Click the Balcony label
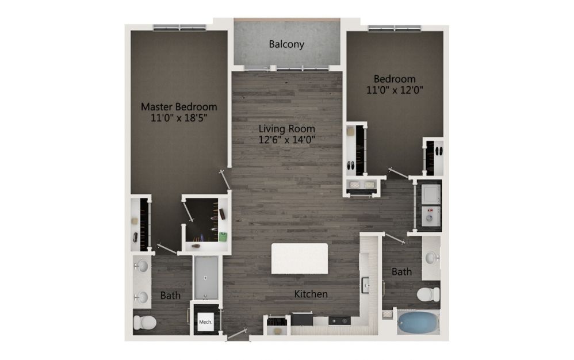pyautogui.click(x=286, y=44)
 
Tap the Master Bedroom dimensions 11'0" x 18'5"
pyautogui.click(x=179, y=118)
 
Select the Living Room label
pyautogui.click(x=286, y=129)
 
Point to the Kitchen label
pyautogui.click(x=311, y=294)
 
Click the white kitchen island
pyautogui.click(x=300, y=259)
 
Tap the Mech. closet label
pyautogui.click(x=205, y=322)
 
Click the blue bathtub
pyautogui.click(x=418, y=322)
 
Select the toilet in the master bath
pyautogui.click(x=144, y=322)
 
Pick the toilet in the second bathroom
pyautogui.click(x=428, y=294)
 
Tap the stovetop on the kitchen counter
pyautogui.click(x=339, y=321)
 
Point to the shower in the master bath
pyautogui.click(x=206, y=278)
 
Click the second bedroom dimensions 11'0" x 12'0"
pyautogui.click(x=395, y=90)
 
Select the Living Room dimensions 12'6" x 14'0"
pyautogui.click(x=286, y=140)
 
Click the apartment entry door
pyautogui.click(x=237, y=334)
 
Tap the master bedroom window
pyautogui.click(x=179, y=28)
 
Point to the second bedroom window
pyautogui.click(x=395, y=28)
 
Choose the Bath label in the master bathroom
pyautogui.click(x=170, y=295)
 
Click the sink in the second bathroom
pyautogui.click(x=432, y=258)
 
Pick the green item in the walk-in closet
pyautogui.click(x=223, y=237)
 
